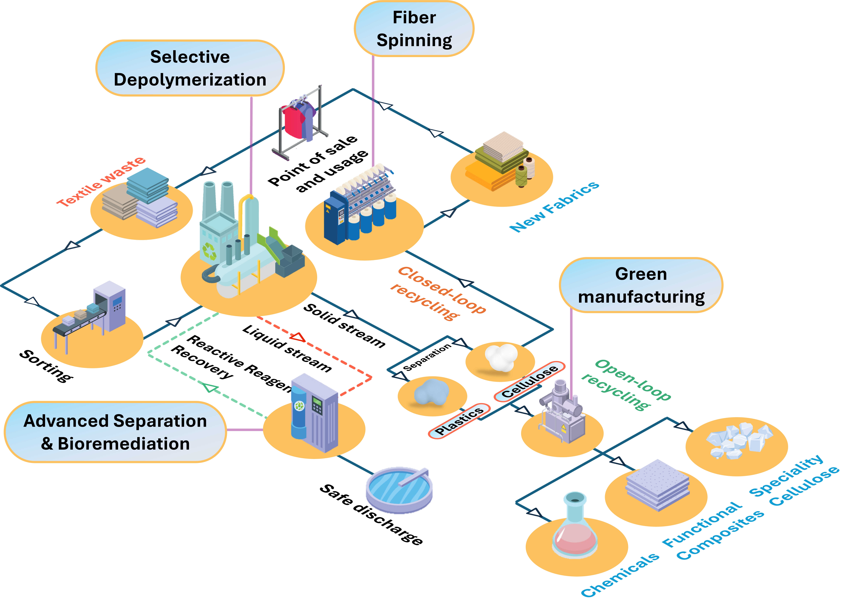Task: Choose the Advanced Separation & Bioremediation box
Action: click(x=115, y=432)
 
